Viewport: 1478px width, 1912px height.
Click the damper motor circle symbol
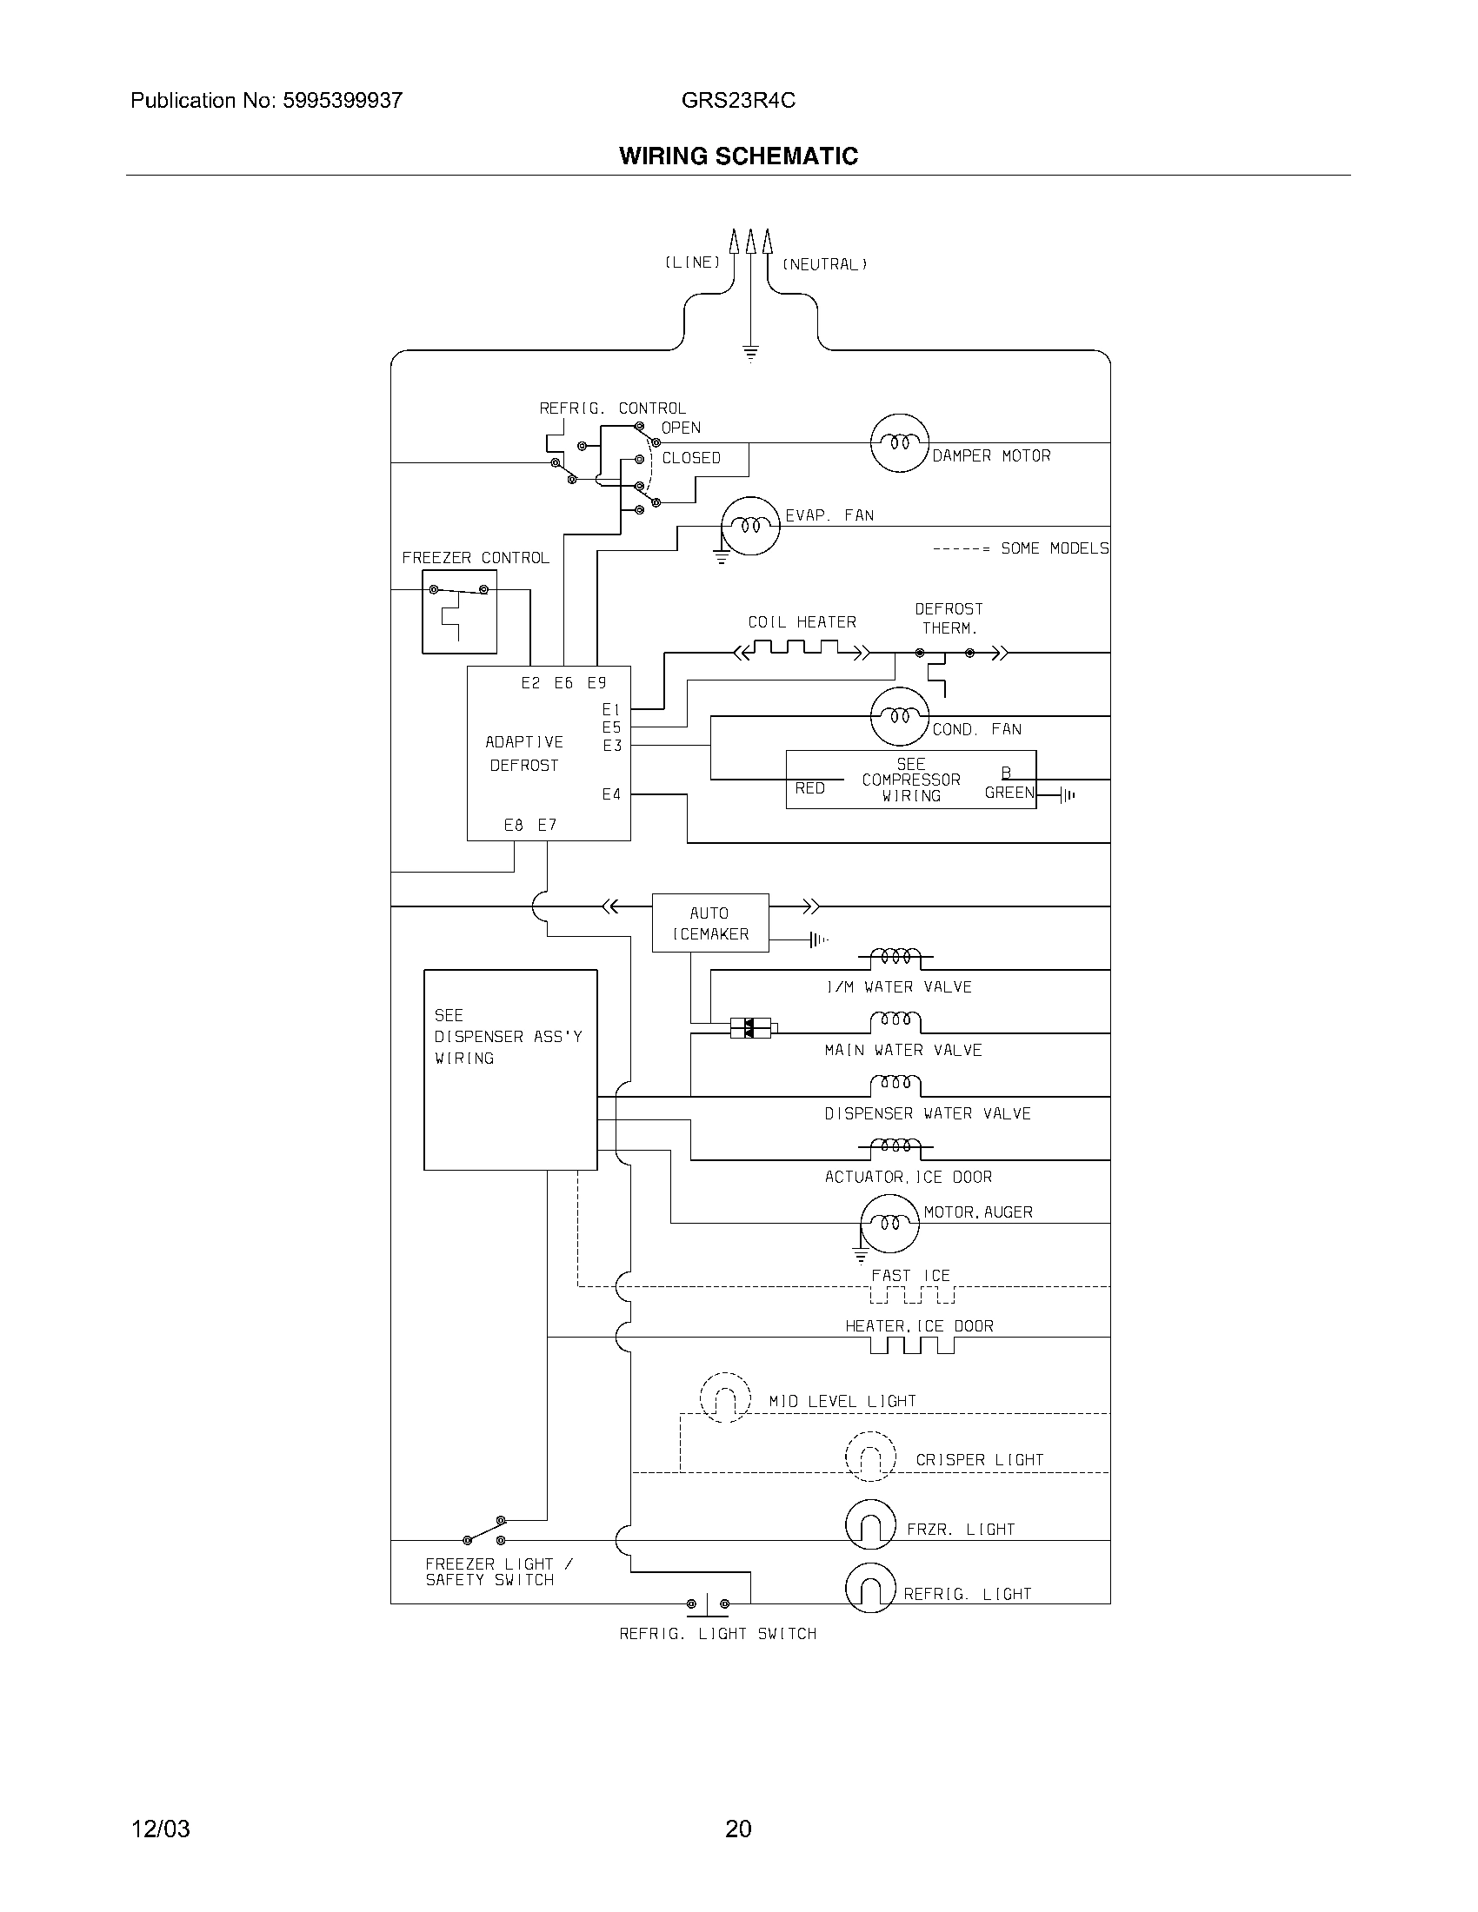click(898, 443)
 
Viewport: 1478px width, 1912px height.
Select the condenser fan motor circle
click(899, 716)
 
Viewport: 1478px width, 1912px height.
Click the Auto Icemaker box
click(710, 923)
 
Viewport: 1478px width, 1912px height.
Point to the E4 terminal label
click(611, 794)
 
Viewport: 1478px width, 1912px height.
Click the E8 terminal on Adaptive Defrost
click(514, 825)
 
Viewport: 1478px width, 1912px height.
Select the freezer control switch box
click(459, 611)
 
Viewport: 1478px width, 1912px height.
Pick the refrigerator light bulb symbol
click(870, 1587)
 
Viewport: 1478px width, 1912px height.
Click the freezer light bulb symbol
click(870, 1524)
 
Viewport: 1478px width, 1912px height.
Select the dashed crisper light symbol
click(870, 1457)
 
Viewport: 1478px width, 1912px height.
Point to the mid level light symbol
click(725, 1397)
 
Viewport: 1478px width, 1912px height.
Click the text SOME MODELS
click(1055, 548)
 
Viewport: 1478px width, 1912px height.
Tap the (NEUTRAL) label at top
click(824, 264)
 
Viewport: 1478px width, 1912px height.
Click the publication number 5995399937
click(343, 101)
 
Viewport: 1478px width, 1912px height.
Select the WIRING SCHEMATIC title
click(738, 156)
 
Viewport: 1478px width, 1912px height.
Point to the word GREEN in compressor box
click(1009, 793)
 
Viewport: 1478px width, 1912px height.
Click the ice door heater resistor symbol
click(911, 1344)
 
